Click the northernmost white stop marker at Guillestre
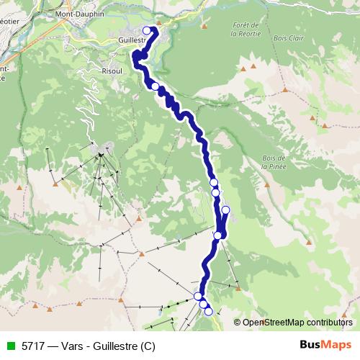click(x=148, y=30)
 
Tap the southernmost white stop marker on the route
click(x=209, y=311)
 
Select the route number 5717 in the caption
click(x=33, y=344)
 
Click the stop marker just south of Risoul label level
click(x=155, y=86)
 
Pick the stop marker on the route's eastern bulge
click(x=225, y=210)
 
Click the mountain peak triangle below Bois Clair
click(x=286, y=91)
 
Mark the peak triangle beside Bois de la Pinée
click(x=268, y=181)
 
